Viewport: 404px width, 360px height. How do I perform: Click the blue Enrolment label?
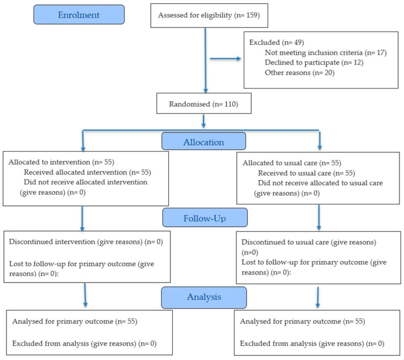pos(79,15)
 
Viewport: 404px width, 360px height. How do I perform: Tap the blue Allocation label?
pos(204,141)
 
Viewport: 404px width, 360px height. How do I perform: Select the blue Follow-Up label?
pos(205,218)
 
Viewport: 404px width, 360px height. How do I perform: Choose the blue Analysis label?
pos(204,298)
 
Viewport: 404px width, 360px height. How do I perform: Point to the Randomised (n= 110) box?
pos(204,103)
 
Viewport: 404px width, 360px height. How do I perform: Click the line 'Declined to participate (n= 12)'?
pos(314,62)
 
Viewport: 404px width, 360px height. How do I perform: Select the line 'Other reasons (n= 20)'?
pos(300,73)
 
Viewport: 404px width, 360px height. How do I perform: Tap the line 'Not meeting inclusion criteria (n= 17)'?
pos(326,52)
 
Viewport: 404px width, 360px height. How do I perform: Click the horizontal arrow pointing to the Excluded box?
pos(225,59)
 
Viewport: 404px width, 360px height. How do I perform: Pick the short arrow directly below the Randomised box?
pos(204,121)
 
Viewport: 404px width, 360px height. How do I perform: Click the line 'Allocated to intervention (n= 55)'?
pos(61,162)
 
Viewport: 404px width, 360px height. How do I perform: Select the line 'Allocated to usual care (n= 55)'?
pos(292,163)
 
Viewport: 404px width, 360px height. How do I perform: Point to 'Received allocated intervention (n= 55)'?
pos(88,172)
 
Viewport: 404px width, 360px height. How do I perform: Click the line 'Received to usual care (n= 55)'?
pos(307,173)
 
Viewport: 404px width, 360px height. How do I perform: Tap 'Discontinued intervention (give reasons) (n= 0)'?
pos(86,242)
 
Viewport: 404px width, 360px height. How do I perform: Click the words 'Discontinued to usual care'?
pos(285,242)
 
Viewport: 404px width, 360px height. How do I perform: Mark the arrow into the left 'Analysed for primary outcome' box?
pos(85,295)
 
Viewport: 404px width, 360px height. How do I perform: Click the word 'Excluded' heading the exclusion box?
pos(264,43)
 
